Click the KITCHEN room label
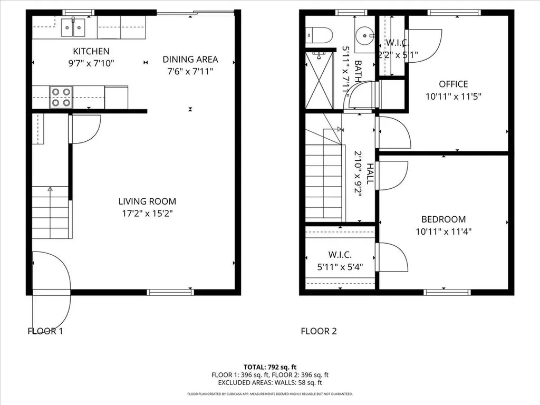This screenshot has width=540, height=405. click(91, 51)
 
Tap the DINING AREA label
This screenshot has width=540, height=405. click(190, 60)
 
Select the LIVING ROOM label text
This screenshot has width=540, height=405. click(147, 201)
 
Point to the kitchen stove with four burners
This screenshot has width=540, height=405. click(61, 98)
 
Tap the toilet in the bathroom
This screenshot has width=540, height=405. click(318, 35)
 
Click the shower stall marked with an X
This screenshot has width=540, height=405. click(320, 80)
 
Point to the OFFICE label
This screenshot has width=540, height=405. click(453, 84)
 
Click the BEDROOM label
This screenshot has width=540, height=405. click(443, 219)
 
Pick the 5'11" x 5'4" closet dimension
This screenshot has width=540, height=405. click(340, 266)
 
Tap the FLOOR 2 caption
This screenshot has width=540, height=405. click(319, 331)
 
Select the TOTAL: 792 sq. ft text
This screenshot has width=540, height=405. click(269, 367)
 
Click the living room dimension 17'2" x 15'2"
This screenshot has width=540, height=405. click(147, 214)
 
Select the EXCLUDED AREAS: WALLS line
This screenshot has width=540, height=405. click(269, 383)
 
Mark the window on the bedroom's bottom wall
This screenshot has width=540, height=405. click(447, 292)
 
